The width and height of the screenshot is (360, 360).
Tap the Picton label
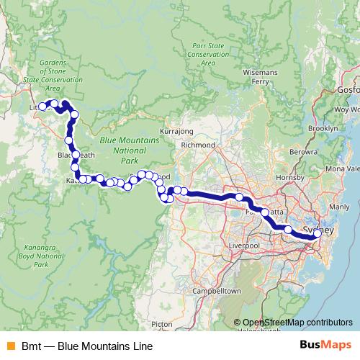click(162, 324)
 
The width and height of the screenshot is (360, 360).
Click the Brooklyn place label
click(322, 127)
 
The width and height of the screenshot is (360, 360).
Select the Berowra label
click(302, 153)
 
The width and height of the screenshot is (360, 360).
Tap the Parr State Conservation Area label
click(209, 53)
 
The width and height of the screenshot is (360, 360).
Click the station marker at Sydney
click(318, 233)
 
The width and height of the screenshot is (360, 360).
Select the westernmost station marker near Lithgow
click(42, 107)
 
